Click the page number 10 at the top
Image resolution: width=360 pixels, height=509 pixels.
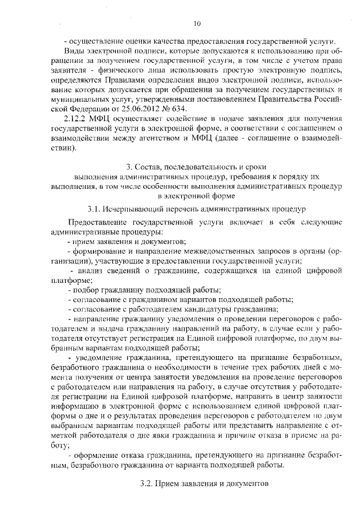pyautogui.click(x=196, y=23)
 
